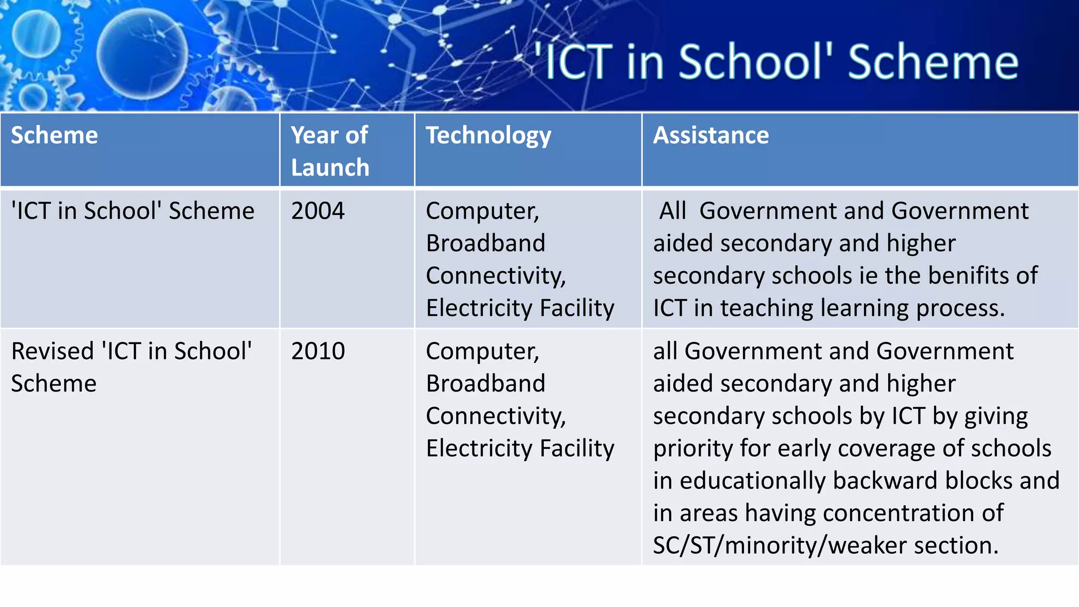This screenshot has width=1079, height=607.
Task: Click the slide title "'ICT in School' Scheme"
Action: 776,62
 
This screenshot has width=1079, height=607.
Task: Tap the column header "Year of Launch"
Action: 330,151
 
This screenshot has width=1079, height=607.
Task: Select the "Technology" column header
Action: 488,136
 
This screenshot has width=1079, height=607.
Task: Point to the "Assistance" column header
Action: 711,135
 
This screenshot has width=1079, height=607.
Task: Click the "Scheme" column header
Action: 54,135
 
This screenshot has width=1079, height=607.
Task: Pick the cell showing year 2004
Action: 318,211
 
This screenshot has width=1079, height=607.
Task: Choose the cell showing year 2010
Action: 318,351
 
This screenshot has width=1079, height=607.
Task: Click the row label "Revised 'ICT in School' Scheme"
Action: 131,367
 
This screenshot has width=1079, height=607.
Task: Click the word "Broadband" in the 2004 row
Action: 485,243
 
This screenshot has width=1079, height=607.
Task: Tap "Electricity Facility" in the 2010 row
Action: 520,448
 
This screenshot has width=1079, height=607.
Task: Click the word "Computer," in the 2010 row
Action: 482,351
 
